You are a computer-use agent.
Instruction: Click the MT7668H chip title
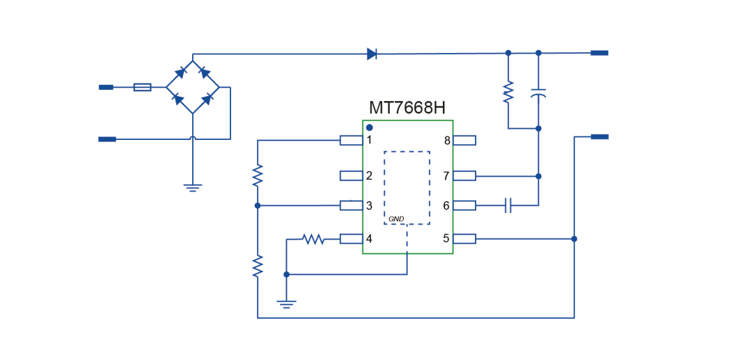click(407, 108)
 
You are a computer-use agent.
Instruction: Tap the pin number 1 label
click(369, 140)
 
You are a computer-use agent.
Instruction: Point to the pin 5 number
click(446, 239)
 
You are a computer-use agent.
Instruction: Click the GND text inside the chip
click(396, 219)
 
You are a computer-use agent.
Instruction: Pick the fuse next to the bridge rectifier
click(142, 87)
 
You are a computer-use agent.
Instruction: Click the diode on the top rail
click(372, 54)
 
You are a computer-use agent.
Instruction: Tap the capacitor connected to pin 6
click(508, 205)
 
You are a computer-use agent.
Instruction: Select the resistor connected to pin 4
click(314, 239)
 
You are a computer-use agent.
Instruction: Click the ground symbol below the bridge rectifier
click(193, 186)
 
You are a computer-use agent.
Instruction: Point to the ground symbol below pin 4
click(286, 303)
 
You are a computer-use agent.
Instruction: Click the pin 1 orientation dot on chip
click(370, 127)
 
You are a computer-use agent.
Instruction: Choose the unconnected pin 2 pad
click(350, 175)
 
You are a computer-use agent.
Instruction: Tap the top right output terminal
click(599, 53)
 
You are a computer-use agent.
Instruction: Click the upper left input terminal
click(106, 87)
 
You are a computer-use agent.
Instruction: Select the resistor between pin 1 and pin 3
click(258, 174)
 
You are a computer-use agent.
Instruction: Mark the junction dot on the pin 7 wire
click(538, 176)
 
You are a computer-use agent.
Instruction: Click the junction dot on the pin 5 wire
click(574, 239)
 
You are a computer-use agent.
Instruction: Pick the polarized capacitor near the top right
click(538, 93)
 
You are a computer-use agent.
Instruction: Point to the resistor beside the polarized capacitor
click(508, 92)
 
